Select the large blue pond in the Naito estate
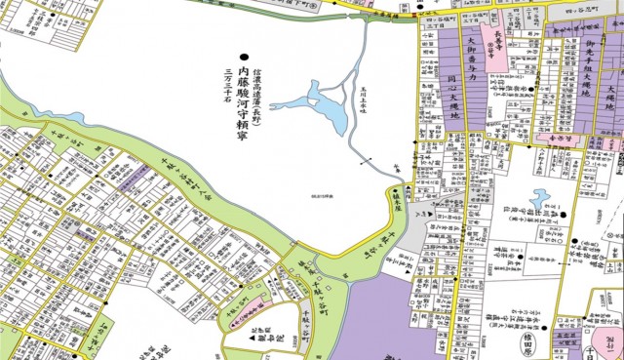point(318,101)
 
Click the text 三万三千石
point(228,88)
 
